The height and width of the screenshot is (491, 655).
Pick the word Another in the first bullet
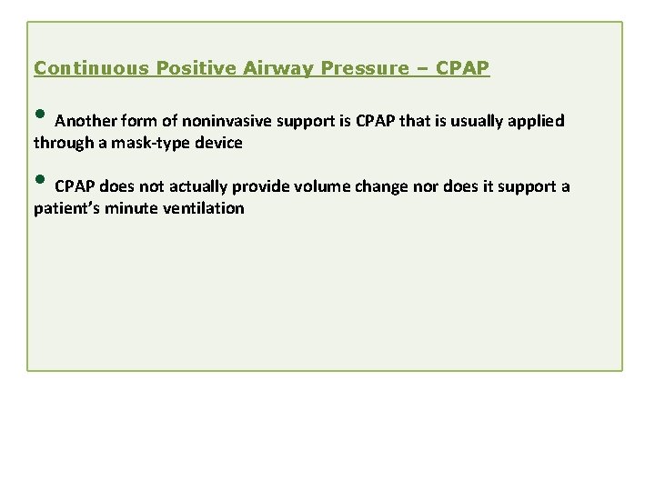[x=85, y=121]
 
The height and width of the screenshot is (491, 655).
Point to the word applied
[x=538, y=121]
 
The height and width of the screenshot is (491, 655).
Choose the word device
[x=217, y=142]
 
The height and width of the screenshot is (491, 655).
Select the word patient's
[x=64, y=208]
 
